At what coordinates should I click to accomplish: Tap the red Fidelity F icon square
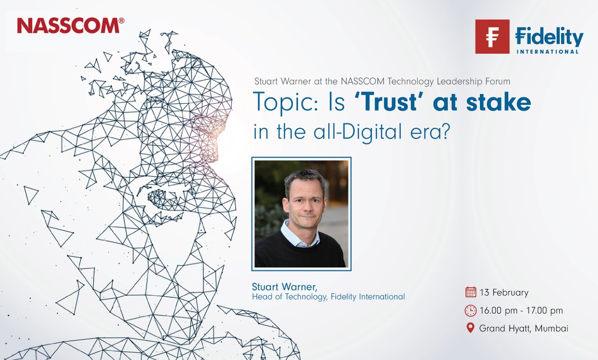[492, 36]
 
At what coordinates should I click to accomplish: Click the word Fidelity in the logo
[549, 37]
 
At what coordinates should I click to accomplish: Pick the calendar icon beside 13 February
[470, 292]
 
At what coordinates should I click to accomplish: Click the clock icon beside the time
[470, 311]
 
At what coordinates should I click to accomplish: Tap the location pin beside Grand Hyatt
[470, 328]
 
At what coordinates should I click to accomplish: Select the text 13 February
[504, 292]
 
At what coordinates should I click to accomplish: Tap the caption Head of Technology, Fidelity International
[329, 297]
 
